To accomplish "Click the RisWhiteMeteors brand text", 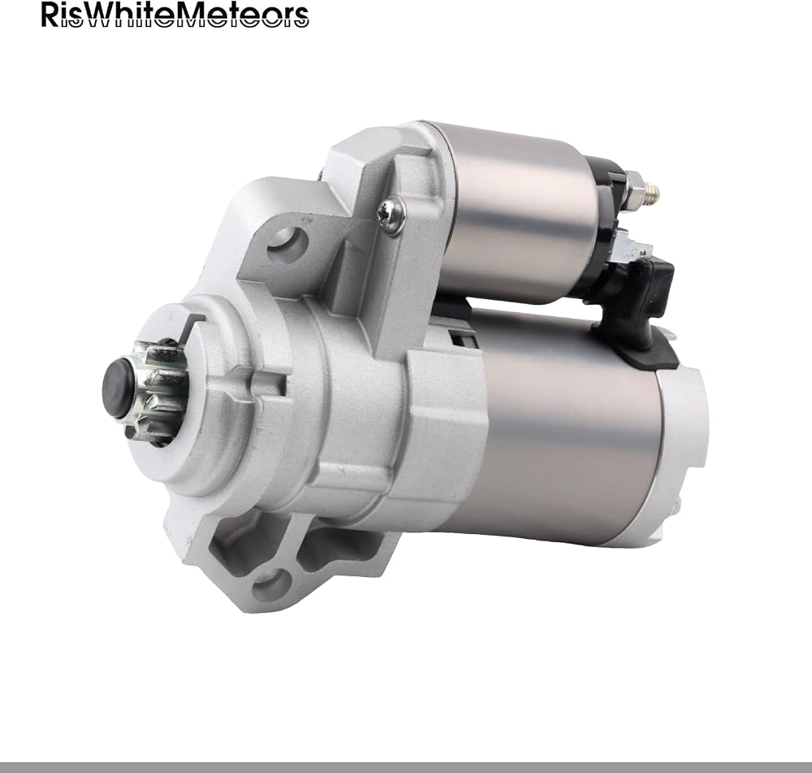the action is (x=175, y=15).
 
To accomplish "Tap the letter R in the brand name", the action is (x=50, y=15).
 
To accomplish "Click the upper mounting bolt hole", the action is (x=288, y=242).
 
